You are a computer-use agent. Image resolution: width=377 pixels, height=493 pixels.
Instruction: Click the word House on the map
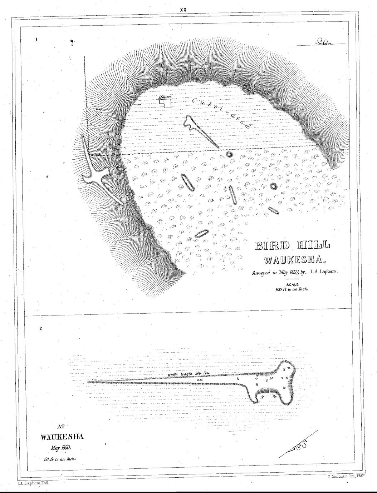pyautogui.click(x=165, y=97)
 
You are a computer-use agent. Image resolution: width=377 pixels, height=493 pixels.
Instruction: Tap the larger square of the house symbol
pyautogui.click(x=167, y=104)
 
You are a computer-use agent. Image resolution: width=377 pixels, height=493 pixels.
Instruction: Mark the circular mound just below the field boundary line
pyautogui.click(x=229, y=154)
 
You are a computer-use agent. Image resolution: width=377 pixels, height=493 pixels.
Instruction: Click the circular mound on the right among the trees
pyautogui.click(x=274, y=186)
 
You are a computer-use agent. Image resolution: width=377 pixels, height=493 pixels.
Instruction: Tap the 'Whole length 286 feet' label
pyautogui.click(x=190, y=374)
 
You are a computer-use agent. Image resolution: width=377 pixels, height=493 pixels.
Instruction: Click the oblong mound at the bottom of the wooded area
pyautogui.click(x=202, y=233)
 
